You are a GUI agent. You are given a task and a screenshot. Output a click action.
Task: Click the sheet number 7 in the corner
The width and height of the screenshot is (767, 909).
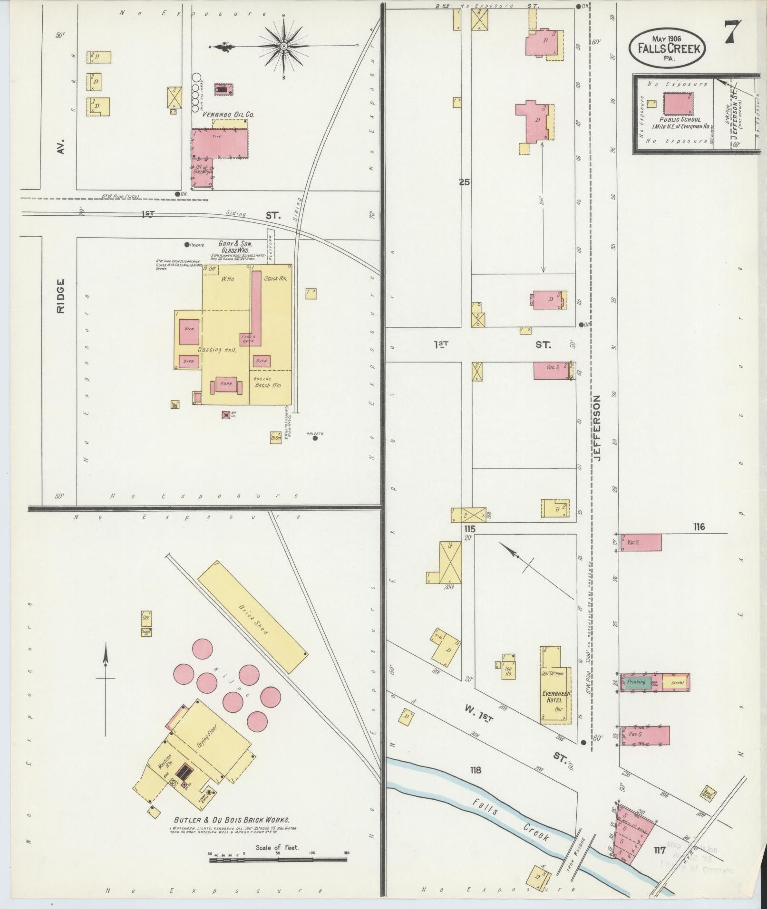pos(732,32)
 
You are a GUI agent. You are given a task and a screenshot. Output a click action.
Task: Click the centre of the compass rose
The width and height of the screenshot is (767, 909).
pos(283,46)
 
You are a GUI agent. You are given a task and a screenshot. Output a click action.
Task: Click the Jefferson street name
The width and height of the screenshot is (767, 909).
pos(597,428)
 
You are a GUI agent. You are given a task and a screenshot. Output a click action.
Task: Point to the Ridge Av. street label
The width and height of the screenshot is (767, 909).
pos(61,296)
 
